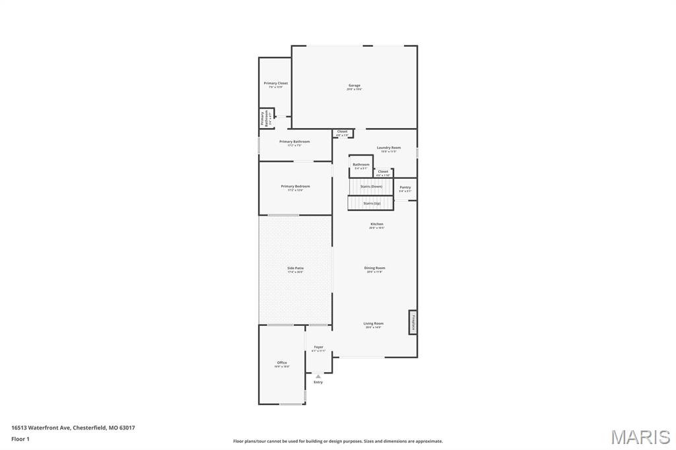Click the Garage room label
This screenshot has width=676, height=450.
(355, 86)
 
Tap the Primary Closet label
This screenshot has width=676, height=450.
(276, 84)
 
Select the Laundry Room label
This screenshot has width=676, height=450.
(389, 148)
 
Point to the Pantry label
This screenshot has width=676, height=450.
(405, 187)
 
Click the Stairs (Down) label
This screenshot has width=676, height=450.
(371, 186)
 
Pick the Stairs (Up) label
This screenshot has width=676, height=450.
(372, 203)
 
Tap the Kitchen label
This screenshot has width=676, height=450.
(376, 224)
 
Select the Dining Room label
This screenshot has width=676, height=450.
(374, 269)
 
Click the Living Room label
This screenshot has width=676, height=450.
(373, 324)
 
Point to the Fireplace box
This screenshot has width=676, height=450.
(413, 322)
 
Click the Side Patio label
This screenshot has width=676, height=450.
(295, 269)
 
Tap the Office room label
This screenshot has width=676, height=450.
(282, 363)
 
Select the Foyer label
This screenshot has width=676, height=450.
(319, 347)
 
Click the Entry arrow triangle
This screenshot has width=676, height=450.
(318, 376)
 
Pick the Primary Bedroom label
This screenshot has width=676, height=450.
(295, 187)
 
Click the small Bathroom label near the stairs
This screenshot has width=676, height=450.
(361, 165)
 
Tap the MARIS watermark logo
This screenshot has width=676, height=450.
(640, 437)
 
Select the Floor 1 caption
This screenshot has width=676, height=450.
(20, 438)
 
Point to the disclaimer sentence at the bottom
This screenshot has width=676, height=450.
(338, 441)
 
